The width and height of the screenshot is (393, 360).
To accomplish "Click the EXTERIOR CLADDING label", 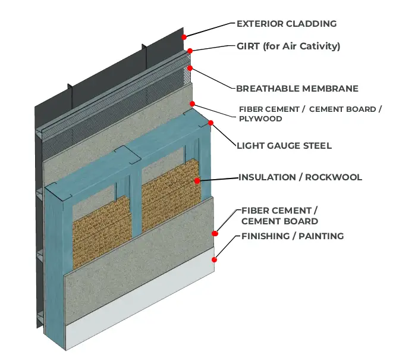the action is (287, 24).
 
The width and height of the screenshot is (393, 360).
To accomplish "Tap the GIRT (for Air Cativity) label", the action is (288, 46).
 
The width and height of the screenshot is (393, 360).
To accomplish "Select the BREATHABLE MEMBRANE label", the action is (297, 89).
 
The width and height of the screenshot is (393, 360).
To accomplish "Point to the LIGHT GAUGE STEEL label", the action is (284, 146).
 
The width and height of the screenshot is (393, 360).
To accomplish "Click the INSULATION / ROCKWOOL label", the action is (300, 177).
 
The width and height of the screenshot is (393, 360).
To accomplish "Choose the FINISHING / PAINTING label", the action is (293, 236).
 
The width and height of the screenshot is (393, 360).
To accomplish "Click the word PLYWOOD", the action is (260, 118).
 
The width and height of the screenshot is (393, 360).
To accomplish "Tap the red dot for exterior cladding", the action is (184, 37).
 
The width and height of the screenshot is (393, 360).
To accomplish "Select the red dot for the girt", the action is (190, 51).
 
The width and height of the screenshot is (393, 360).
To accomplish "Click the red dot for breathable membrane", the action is (190, 68).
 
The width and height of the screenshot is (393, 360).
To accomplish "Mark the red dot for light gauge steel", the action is (210, 123).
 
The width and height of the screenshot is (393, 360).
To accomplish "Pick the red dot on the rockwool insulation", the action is (197, 181).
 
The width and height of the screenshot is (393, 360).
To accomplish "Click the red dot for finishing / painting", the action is (214, 259).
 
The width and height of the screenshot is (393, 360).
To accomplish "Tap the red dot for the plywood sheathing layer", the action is (192, 104).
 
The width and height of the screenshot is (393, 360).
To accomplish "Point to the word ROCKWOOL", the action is (334, 177).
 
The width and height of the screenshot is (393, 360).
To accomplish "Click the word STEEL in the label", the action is (317, 146).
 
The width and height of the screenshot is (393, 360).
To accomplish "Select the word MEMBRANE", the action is (330, 89).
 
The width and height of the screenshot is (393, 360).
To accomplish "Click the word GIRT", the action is (248, 46).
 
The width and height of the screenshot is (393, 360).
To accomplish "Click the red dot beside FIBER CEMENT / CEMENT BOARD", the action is (215, 234).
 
